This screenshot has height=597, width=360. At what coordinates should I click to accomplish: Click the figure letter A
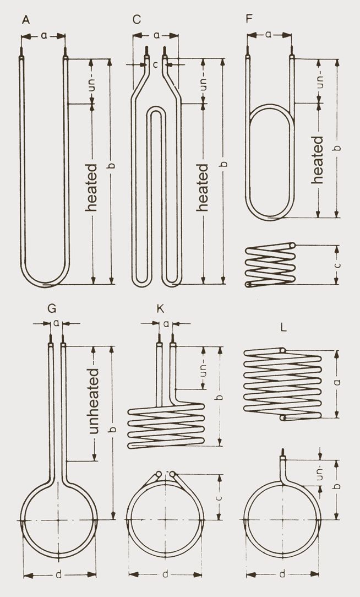pos(25,20)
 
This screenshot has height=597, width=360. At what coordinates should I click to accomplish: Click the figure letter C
pos(137,20)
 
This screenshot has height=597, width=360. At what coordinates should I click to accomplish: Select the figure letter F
pos(249,20)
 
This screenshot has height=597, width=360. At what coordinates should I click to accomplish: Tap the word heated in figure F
pos(318,160)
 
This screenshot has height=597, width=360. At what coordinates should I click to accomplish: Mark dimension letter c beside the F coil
pos(337,265)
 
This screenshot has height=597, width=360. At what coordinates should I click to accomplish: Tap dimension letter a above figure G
pos(57,323)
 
